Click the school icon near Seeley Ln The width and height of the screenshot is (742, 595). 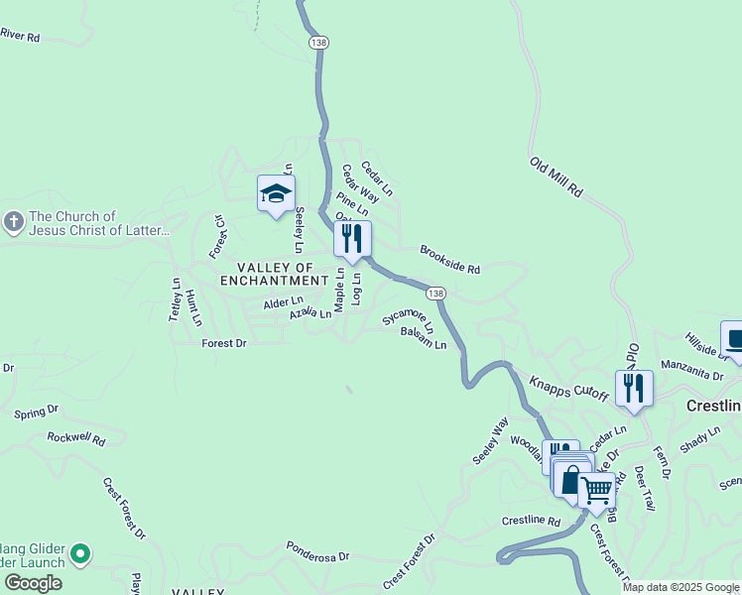click(x=276, y=193)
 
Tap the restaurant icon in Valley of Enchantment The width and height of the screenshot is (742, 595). click(x=352, y=239)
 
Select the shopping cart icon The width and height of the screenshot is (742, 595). click(x=596, y=489)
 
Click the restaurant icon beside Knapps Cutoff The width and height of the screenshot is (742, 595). click(x=634, y=388)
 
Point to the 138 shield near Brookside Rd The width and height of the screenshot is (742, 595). click(x=436, y=294)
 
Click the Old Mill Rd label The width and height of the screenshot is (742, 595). click(x=556, y=177)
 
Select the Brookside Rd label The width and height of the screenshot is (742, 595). click(x=449, y=260)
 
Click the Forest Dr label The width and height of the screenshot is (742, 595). click(x=223, y=343)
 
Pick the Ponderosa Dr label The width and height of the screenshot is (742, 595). click(x=319, y=551)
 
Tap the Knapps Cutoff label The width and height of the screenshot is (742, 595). click(x=567, y=388)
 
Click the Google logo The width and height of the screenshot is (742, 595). click(x=33, y=583)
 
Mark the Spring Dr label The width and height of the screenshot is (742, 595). click(x=37, y=410)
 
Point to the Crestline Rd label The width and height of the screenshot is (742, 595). click(x=531, y=521)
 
